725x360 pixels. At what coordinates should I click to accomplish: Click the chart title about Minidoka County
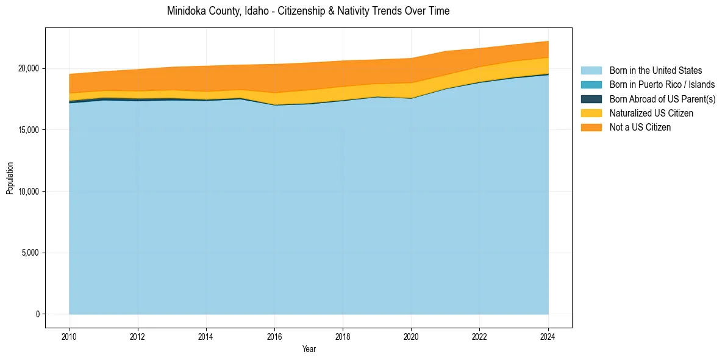click(x=308, y=11)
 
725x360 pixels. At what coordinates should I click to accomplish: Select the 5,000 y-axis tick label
click(x=31, y=253)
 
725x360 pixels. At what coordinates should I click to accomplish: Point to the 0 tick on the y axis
click(x=37, y=314)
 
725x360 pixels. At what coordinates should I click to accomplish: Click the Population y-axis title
click(x=10, y=178)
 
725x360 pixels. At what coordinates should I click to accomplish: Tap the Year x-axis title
click(x=309, y=349)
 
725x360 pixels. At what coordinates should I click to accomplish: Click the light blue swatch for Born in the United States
click(x=591, y=71)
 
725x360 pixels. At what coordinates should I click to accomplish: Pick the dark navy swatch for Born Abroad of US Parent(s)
click(x=591, y=99)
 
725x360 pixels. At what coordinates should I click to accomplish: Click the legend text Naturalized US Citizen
click(x=651, y=113)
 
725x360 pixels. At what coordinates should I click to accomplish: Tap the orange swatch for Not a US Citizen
click(x=591, y=128)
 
